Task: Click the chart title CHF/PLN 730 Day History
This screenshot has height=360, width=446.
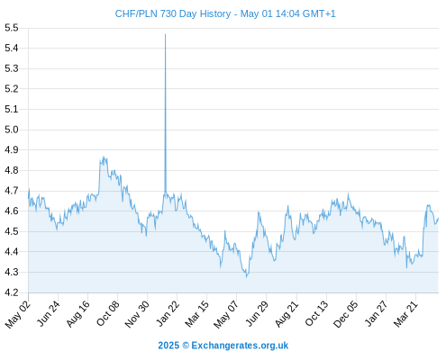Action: click(173, 13)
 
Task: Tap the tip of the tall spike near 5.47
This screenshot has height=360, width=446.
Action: click(165, 34)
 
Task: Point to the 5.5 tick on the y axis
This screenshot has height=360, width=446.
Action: click(12, 28)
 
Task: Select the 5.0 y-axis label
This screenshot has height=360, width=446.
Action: click(12, 130)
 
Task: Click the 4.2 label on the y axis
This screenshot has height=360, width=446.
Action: click(12, 292)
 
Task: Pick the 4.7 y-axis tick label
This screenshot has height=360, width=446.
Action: click(12, 191)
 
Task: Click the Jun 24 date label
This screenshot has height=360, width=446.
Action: click(49, 313)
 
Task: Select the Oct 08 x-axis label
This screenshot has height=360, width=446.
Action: click(108, 313)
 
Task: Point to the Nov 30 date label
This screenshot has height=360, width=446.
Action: click(137, 314)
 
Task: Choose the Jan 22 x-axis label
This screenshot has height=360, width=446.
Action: click(168, 313)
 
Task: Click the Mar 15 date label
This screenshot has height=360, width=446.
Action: click(197, 313)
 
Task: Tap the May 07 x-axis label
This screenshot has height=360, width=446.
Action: click(226, 314)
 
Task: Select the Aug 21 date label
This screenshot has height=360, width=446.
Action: click(287, 313)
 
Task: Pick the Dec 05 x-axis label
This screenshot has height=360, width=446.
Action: click(346, 314)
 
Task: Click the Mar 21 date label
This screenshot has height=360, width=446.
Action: click(406, 313)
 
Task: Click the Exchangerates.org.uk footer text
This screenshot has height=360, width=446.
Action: click(240, 346)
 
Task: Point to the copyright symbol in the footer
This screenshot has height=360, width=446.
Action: click(186, 346)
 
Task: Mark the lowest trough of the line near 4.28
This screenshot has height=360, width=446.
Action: click(247, 277)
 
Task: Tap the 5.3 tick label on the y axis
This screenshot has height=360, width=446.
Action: click(12, 68)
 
